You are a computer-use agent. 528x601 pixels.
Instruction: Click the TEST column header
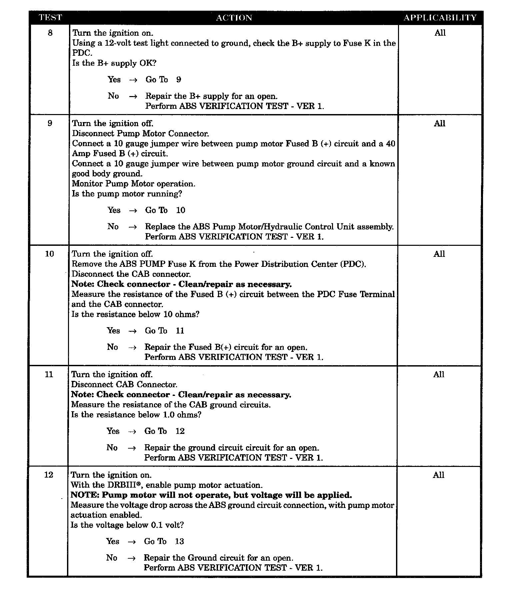point(50,17)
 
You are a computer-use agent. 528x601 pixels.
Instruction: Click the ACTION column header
point(234,18)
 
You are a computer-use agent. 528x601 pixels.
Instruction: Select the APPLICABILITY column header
point(440,17)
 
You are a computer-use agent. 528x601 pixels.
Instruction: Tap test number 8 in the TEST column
point(50,33)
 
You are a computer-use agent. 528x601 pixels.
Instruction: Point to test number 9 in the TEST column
point(50,123)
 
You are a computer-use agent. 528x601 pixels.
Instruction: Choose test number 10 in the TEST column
point(49,254)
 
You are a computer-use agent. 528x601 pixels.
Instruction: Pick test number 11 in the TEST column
point(49,374)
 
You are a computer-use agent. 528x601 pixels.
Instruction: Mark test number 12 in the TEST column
point(49,475)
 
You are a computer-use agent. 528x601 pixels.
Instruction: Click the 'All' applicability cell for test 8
point(440,33)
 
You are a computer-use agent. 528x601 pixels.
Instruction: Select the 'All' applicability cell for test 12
point(439,475)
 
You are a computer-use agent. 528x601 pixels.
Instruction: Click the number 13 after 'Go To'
point(179,541)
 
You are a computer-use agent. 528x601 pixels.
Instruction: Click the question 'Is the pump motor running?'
point(127,194)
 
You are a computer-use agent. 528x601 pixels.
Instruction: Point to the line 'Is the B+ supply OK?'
point(114,63)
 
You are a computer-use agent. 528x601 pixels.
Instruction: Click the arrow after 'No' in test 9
point(132,227)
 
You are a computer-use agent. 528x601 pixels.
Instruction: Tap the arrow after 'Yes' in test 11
point(132,431)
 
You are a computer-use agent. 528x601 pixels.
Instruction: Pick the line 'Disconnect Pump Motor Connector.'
point(141,133)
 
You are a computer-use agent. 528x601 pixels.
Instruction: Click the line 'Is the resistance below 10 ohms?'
point(135,314)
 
